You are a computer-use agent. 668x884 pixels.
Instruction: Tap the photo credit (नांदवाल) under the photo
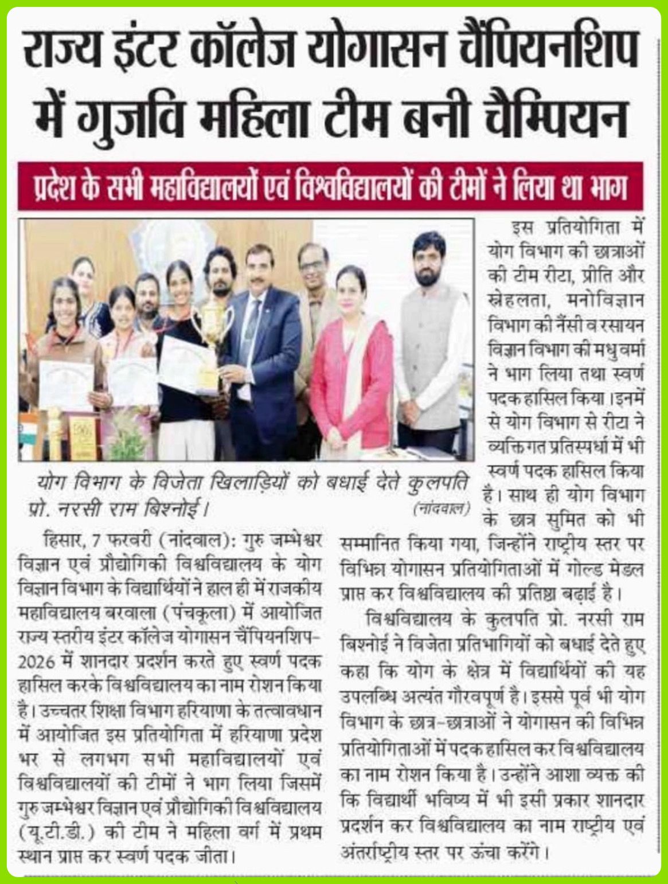[x=440, y=507]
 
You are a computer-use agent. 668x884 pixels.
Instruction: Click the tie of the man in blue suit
[x=252, y=321]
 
